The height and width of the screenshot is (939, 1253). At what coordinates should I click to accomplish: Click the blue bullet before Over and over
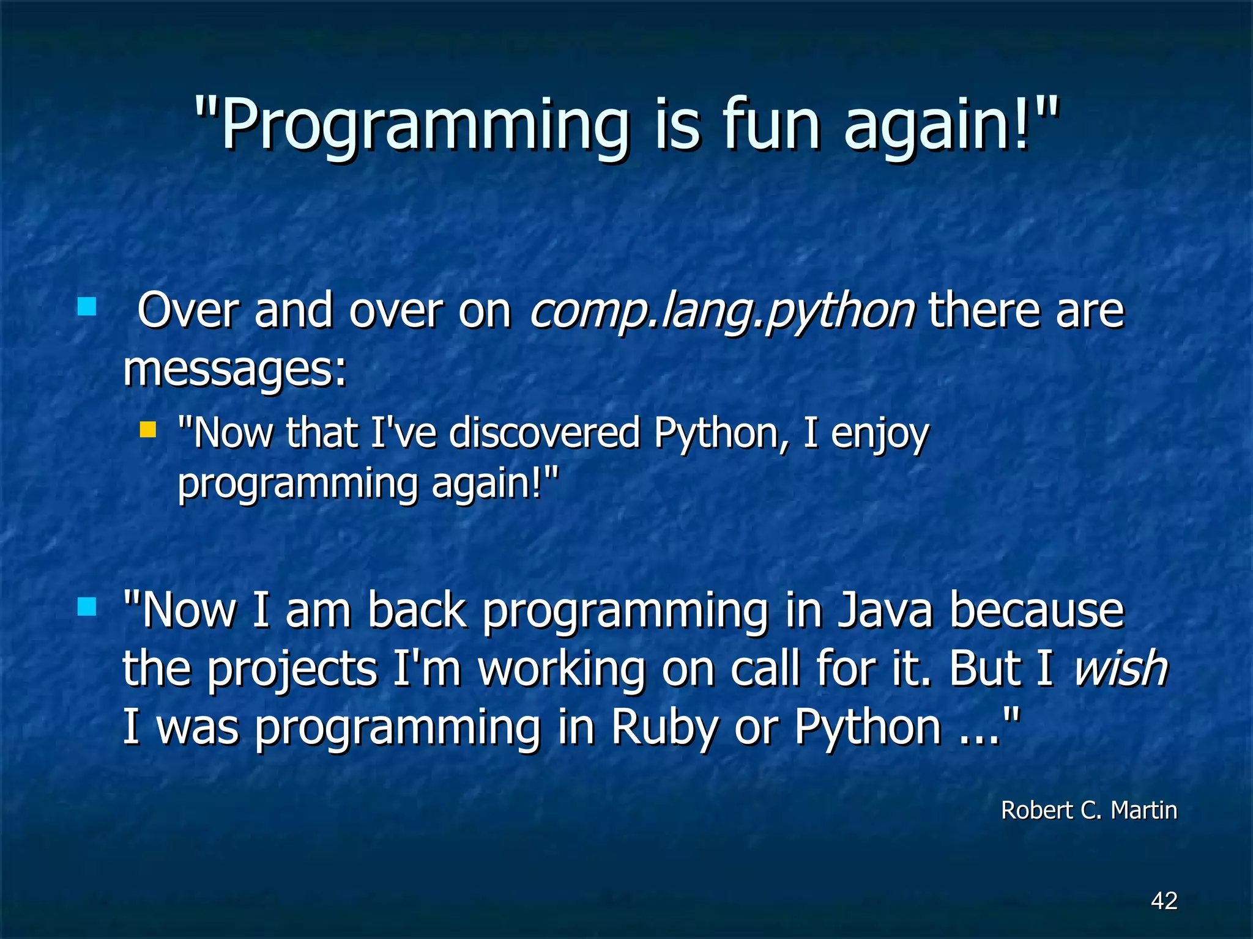pyautogui.click(x=87, y=306)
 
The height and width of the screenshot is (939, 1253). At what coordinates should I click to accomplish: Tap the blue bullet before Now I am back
pyautogui.click(x=87, y=607)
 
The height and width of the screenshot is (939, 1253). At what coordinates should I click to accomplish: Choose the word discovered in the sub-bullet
pyautogui.click(x=545, y=433)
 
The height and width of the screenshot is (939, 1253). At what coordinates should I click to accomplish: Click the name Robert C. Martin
pyautogui.click(x=1088, y=810)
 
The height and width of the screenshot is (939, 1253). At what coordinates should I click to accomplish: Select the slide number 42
pyautogui.click(x=1164, y=900)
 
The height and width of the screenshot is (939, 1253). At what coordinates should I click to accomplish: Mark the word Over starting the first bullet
pyautogui.click(x=187, y=311)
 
